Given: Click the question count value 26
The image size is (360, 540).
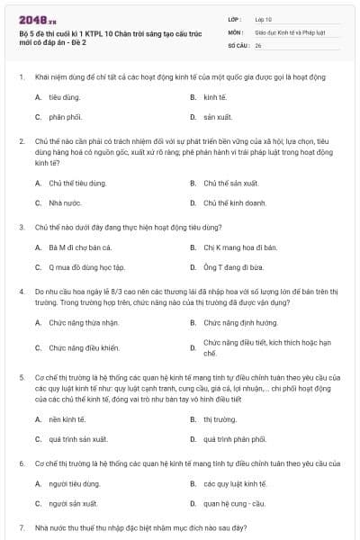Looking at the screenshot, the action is [x=258, y=44].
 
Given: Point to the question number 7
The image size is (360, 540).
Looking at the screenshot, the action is [x=22, y=526].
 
